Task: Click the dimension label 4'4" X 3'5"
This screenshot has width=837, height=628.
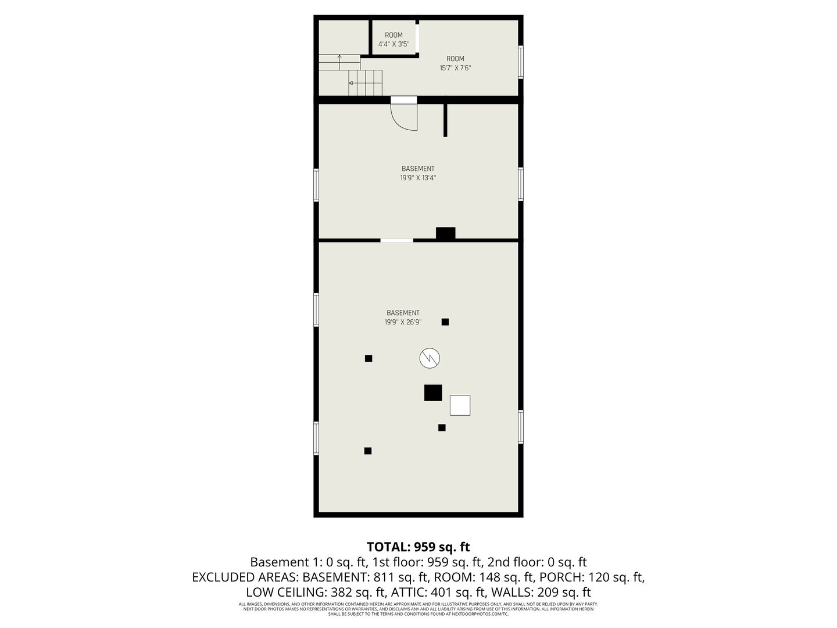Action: (x=394, y=44)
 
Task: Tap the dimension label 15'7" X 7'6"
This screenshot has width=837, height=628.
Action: (x=455, y=68)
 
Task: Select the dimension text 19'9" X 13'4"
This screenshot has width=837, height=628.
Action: (x=417, y=178)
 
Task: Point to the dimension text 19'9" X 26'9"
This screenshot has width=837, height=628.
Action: (x=403, y=322)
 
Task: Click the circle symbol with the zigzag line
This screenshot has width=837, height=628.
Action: (x=430, y=358)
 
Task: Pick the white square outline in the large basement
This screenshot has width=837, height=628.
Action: (x=460, y=405)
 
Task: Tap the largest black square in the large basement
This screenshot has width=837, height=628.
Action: (x=433, y=392)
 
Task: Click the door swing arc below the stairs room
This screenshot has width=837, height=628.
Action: (x=405, y=117)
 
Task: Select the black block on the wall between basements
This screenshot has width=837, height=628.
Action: (x=446, y=233)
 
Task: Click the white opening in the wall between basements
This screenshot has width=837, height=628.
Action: (x=397, y=240)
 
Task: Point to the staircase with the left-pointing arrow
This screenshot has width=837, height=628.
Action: (x=366, y=83)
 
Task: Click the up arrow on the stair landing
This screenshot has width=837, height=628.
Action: (x=339, y=58)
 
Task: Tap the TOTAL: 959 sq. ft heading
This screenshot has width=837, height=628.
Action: (x=418, y=547)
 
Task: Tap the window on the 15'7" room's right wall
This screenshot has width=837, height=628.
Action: (x=521, y=62)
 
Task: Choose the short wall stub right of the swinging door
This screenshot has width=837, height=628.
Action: (x=445, y=120)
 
